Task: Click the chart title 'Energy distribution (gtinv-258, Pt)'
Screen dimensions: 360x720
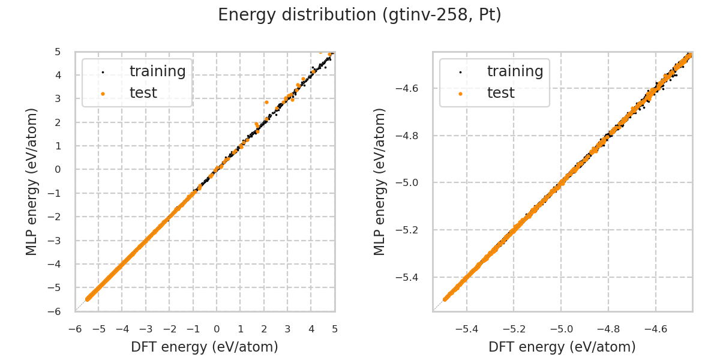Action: point(359,15)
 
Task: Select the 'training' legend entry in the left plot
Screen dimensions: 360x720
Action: point(157,71)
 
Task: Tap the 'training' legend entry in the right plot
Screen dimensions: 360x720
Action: point(515,71)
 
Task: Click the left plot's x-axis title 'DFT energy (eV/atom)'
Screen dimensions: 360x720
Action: point(205,347)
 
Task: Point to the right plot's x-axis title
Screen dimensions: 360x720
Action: point(562,347)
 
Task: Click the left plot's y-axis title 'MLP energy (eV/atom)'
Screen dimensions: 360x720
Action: point(32,181)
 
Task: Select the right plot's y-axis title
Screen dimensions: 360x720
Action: point(380,181)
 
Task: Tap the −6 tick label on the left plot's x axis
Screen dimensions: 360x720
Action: point(75,329)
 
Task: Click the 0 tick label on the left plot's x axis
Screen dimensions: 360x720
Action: point(217,329)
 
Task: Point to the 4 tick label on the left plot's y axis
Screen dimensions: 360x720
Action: point(58,75)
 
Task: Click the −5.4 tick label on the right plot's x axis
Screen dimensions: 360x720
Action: point(467,329)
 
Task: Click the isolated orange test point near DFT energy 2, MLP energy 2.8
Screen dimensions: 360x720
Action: point(266,103)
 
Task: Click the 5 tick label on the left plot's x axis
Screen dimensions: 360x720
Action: point(335,329)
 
